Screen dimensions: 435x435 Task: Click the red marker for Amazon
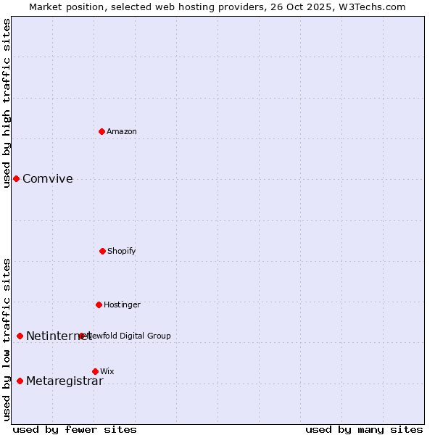[102, 131]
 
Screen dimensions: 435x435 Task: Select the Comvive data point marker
[16, 178]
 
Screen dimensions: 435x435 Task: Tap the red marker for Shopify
[102, 251]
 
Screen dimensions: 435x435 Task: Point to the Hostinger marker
[99, 304]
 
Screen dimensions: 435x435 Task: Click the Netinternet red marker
[20, 336]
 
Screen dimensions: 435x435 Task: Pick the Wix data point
[95, 371]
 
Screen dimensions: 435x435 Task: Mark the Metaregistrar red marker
[20, 381]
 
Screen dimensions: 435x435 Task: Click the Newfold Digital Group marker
[82, 336]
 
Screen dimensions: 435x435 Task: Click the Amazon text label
[122, 131]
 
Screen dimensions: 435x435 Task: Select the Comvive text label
[48, 179]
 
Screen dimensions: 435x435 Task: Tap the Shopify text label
[122, 251]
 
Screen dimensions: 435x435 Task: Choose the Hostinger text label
[122, 304]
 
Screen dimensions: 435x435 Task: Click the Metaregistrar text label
[65, 381]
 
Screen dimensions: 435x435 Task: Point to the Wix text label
[107, 371]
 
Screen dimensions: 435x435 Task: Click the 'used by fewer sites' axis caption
[75, 429]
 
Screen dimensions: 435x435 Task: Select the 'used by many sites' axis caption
[364, 429]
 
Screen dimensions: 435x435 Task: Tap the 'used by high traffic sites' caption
[7, 103]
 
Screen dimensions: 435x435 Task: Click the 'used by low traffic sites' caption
[7, 339]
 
